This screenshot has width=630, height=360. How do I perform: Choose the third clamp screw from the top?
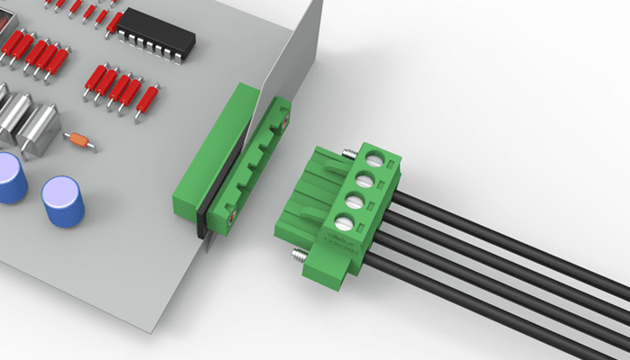[355, 200]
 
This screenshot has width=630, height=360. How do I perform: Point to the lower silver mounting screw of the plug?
[296, 259]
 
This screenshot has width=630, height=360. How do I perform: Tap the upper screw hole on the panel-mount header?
[285, 116]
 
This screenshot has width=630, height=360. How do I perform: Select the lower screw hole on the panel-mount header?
[231, 214]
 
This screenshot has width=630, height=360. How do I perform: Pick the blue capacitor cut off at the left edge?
[10, 177]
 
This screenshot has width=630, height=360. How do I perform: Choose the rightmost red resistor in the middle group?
[147, 101]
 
